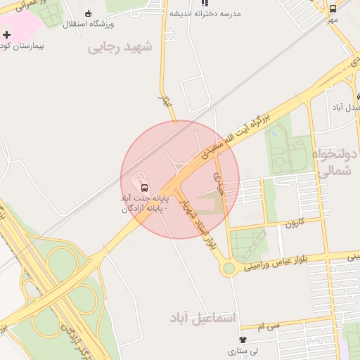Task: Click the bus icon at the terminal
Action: (144, 188)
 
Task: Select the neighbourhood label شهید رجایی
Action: (120, 48)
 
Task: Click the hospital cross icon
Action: (7, 34)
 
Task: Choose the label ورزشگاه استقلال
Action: (89, 25)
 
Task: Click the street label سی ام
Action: (269, 327)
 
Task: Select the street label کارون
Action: (292, 224)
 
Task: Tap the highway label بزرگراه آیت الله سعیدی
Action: (237, 135)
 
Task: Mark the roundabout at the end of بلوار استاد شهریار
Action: (229, 268)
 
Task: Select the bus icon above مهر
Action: (333, 8)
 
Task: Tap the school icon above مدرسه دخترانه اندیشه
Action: (205, 3)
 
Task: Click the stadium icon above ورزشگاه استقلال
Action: (88, 13)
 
